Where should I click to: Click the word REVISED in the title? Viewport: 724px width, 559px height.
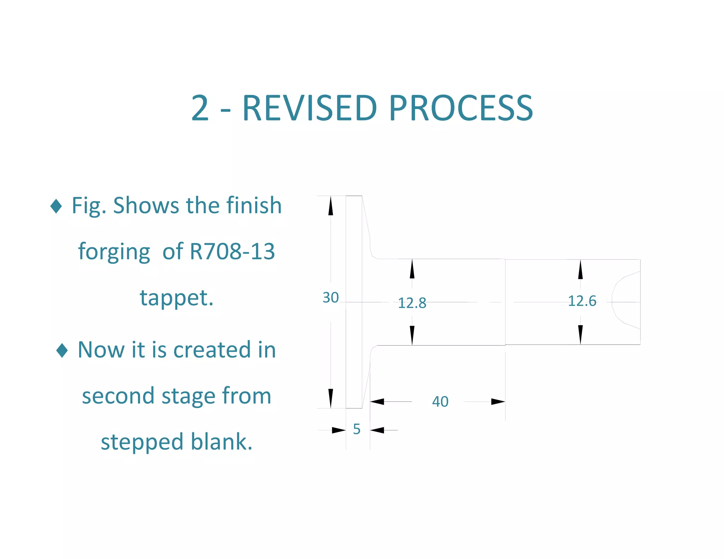tap(310, 108)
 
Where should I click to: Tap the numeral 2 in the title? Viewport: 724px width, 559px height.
tap(200, 108)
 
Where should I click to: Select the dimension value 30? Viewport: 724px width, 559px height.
tap(331, 298)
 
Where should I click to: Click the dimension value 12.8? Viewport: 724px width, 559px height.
tap(412, 303)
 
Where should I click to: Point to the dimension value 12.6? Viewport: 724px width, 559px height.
tap(582, 301)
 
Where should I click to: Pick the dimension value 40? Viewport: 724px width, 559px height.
tap(440, 401)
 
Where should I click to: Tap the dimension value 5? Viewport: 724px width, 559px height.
tap(357, 429)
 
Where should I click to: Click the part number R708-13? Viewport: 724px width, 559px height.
tap(232, 252)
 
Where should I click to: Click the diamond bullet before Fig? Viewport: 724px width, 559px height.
tap(56, 206)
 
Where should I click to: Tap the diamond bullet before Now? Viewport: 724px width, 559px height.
tap(62, 350)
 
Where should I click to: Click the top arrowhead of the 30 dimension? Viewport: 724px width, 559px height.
tap(331, 206)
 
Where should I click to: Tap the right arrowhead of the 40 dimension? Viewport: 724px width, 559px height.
tap(498, 402)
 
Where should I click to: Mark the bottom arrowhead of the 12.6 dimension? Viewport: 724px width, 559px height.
tap(580, 334)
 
